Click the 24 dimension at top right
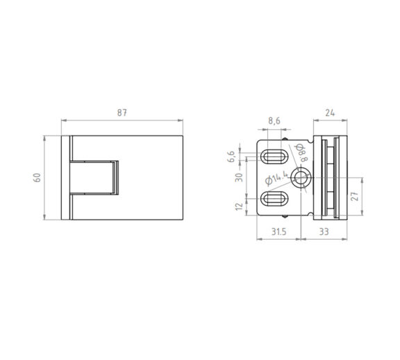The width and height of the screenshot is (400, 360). (x=330, y=113)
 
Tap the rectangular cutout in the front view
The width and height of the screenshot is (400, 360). (x=93, y=178)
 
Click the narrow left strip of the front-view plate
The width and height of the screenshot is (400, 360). (x=65, y=177)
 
